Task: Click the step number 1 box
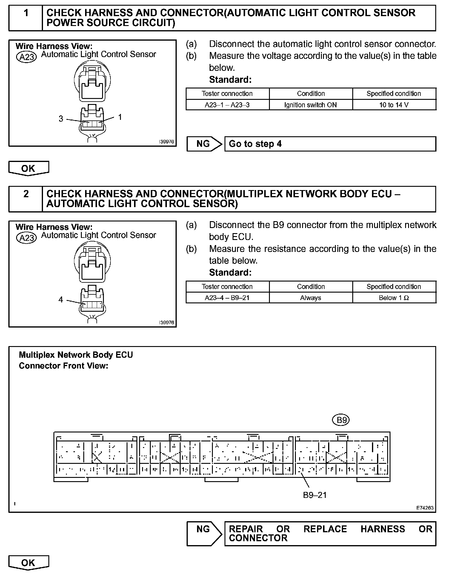pyautogui.click(x=26, y=18)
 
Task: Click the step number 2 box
pyautogui.click(x=26, y=199)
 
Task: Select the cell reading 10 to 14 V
pyautogui.click(x=394, y=105)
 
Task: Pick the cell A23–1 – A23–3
pyautogui.click(x=227, y=105)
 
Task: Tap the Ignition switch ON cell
pyautogui.click(x=310, y=105)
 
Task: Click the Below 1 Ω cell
pyautogui.click(x=394, y=298)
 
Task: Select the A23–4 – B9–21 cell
pyautogui.click(x=227, y=298)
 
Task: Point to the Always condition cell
pyautogui.click(x=310, y=298)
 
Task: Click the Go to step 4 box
pyautogui.click(x=330, y=144)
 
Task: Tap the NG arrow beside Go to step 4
pyautogui.click(x=204, y=144)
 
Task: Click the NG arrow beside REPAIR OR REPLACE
pyautogui.click(x=204, y=533)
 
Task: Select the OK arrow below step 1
pyautogui.click(x=28, y=169)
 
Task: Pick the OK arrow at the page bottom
pyautogui.click(x=28, y=563)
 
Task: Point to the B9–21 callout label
pyautogui.click(x=315, y=495)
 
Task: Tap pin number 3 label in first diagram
pyautogui.click(x=61, y=119)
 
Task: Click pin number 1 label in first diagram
pyautogui.click(x=120, y=117)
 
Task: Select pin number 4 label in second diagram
pyautogui.click(x=61, y=299)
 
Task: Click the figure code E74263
pyautogui.click(x=425, y=508)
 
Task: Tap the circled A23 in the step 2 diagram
pyautogui.click(x=26, y=238)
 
